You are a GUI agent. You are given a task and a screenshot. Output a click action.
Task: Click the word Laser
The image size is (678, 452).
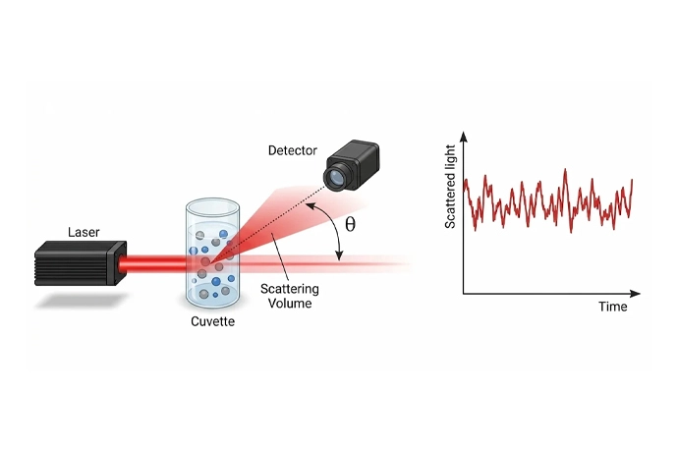pyautogui.click(x=84, y=232)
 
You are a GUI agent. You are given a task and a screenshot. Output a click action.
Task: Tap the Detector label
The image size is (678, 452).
pyautogui.click(x=292, y=150)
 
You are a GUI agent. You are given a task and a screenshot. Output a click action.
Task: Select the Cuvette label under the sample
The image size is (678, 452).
pyautogui.click(x=213, y=321)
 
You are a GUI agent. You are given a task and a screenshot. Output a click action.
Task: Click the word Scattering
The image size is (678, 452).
pyautogui.click(x=290, y=289)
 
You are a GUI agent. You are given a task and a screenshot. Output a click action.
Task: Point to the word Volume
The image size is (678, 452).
pyautogui.click(x=290, y=304)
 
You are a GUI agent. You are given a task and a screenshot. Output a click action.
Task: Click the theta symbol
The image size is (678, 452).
pyautogui.click(x=350, y=224)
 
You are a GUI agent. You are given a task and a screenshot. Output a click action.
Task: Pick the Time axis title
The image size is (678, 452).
pyautogui.click(x=613, y=307)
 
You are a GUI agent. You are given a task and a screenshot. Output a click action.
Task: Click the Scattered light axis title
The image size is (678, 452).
pyautogui.click(x=450, y=187)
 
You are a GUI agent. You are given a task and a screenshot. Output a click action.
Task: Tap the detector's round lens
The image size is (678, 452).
pyautogui.click(x=335, y=177)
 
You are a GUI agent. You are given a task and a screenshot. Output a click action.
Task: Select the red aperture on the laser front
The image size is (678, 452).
pyautogui.click(x=122, y=264)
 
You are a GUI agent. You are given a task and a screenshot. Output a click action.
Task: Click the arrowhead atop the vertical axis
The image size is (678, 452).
pyautogui.click(x=464, y=137)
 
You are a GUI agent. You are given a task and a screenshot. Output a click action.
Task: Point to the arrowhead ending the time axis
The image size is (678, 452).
pyautogui.click(x=635, y=294)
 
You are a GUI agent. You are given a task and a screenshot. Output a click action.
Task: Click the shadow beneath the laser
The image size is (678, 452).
pyautogui.click(x=82, y=300)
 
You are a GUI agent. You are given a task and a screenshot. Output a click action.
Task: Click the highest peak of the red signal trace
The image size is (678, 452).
pyautogui.click(x=565, y=170)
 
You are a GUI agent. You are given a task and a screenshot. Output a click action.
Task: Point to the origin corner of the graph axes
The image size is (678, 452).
pyautogui.click(x=464, y=294)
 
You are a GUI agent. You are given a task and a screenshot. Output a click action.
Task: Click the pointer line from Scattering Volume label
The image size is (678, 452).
pyautogui.click(x=279, y=257)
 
